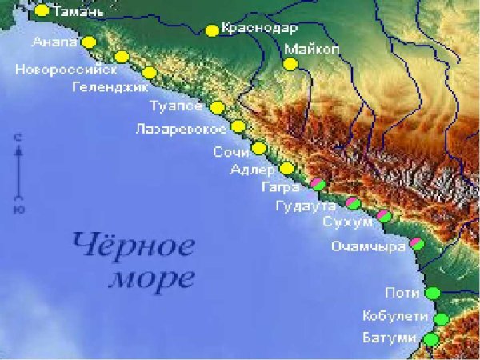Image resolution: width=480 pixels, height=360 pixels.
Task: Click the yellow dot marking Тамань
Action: coord(42,10)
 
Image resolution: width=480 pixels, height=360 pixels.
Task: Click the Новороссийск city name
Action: coord(66,70)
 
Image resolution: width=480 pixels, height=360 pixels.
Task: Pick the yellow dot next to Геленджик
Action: coord(149,73)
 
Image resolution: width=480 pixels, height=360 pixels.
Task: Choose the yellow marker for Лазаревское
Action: coord(238,126)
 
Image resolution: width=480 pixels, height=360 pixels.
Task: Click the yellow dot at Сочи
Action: coord(258,148)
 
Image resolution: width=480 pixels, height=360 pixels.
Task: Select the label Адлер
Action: coord(252,169)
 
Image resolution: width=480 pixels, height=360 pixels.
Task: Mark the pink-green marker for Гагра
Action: coord(318,185)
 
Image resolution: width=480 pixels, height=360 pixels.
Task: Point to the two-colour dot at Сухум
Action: coord(384,216)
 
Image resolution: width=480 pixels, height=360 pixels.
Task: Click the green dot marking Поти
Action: coord(433,293)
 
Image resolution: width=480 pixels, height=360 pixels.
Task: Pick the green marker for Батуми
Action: coord(431,339)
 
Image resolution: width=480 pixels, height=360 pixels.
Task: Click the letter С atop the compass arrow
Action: coord(17,139)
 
